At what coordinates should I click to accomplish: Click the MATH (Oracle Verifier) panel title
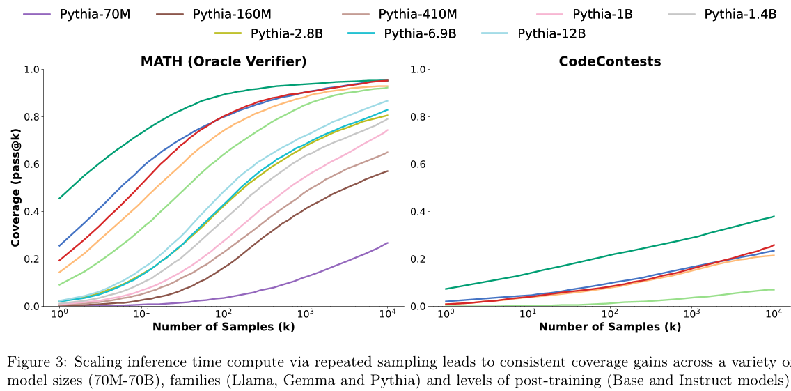tap(224, 61)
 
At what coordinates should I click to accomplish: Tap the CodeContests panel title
tap(609, 61)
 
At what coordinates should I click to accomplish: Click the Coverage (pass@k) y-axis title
tap(15, 188)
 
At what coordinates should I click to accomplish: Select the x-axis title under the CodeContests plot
tap(609, 327)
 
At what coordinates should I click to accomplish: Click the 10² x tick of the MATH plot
tap(224, 314)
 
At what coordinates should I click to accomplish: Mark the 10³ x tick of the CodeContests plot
tap(691, 314)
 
